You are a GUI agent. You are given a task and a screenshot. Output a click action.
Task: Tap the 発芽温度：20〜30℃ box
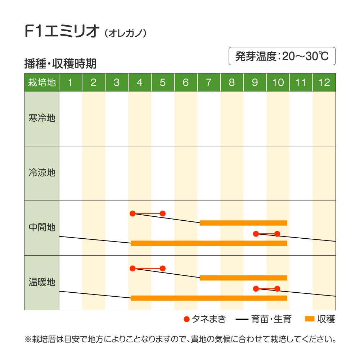click(x=282, y=56)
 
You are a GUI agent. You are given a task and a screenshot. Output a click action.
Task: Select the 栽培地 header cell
click(x=42, y=82)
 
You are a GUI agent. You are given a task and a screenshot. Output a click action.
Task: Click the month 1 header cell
click(x=70, y=82)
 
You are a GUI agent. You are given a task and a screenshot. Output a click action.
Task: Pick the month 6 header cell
click(x=185, y=82)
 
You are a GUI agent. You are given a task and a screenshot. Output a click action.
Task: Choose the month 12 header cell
click(x=324, y=82)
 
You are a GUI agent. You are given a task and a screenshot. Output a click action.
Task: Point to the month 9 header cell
click(x=255, y=82)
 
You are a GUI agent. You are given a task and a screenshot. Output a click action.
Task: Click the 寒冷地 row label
click(x=42, y=118)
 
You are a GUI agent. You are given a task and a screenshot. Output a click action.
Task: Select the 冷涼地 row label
click(x=42, y=173)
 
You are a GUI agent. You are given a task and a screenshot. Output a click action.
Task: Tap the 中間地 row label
click(x=42, y=228)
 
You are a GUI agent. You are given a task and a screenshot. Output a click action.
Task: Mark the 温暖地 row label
click(x=42, y=282)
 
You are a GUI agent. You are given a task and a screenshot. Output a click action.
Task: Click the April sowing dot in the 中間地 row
click(x=132, y=213)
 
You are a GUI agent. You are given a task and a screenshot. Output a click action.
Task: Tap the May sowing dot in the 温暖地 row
click(x=162, y=268)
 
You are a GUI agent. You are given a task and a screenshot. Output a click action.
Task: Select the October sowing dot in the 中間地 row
click(x=277, y=234)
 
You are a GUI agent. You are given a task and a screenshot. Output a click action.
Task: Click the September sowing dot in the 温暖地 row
click(x=256, y=288)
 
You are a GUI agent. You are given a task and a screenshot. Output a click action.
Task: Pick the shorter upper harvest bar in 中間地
click(x=243, y=223)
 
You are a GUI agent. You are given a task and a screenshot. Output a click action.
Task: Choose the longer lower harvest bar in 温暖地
click(x=209, y=298)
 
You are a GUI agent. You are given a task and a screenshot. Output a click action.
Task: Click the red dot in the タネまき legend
click(x=186, y=319)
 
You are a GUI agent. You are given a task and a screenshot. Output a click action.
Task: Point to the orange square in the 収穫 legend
click(x=310, y=319)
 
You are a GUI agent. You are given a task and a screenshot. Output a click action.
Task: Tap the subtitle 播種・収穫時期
click(x=60, y=64)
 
